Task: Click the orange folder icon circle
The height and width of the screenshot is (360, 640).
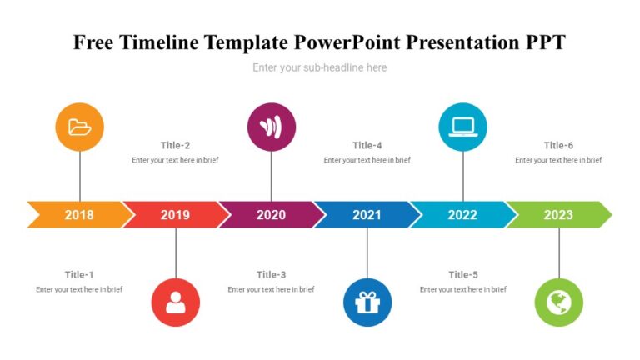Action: coord(80,127)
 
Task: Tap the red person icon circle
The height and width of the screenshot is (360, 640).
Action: coord(176,302)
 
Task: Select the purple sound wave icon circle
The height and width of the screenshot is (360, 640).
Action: coord(272,127)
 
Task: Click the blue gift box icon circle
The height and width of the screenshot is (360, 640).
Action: coord(367,302)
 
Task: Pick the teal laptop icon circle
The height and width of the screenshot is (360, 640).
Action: coord(462,127)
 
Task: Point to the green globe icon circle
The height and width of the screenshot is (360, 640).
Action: coord(558,302)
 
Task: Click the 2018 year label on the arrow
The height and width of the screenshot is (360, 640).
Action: coord(79,215)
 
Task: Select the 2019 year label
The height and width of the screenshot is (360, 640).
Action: coord(175,215)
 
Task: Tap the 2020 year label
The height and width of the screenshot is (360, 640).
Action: coord(271,215)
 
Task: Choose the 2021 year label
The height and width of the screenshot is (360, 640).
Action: coord(367,215)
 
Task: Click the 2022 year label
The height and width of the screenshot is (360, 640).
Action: coord(462,215)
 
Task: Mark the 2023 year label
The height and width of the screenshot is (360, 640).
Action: coord(558,215)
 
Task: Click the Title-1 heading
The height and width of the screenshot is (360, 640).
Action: coord(79,275)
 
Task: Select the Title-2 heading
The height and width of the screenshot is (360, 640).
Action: coord(175,145)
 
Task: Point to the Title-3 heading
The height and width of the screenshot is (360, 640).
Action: coord(271,275)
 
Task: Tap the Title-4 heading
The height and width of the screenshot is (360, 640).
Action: coord(367,145)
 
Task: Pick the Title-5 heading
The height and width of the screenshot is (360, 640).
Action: coord(462,275)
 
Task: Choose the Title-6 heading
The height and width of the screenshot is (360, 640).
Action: coord(558,145)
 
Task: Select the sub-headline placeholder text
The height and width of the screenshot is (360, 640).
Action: coord(320,67)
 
